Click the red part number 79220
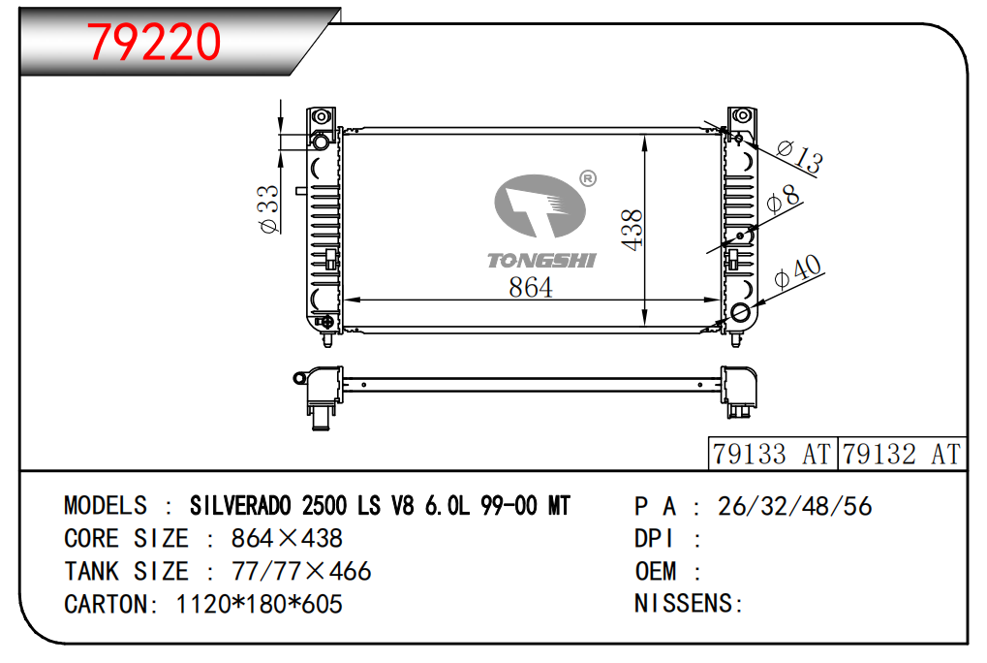(154, 43)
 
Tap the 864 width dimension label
(531, 287)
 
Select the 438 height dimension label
(632, 230)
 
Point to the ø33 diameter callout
(268, 208)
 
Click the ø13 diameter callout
(799, 157)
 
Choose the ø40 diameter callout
(798, 271)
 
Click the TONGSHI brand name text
(541, 260)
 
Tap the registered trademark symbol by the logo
(587, 178)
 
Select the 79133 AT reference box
(772, 454)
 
